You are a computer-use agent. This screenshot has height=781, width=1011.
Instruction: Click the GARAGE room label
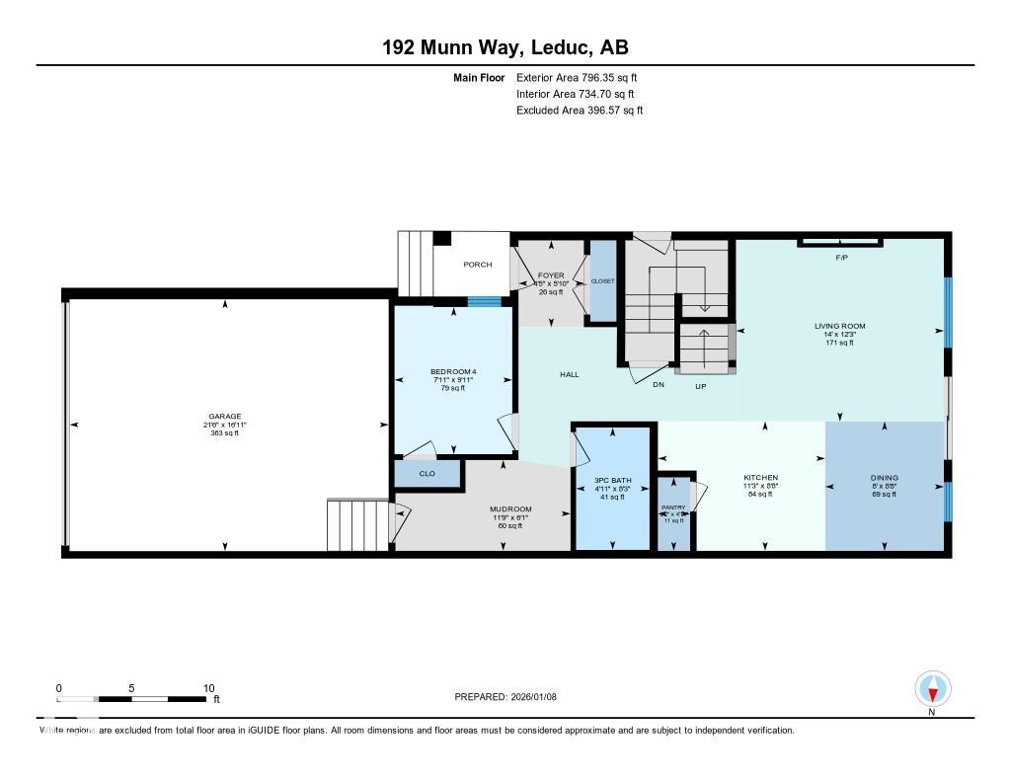225,417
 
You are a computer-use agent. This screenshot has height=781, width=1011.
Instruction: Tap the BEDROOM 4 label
453,371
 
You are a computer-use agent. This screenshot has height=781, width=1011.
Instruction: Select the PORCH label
478,265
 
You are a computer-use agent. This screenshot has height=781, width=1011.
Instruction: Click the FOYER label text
551,275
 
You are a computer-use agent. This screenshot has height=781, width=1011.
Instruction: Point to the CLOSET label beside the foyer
602,281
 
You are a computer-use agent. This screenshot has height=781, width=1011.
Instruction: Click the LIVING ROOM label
839,326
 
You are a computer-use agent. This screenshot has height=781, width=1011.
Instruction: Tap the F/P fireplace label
842,257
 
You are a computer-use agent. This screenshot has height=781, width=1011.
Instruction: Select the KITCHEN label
761,478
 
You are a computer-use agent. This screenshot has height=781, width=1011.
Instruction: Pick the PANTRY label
673,507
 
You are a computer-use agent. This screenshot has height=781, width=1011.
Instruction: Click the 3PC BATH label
612,481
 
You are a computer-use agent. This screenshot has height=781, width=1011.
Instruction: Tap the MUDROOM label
510,509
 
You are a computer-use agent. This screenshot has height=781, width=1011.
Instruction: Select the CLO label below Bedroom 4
428,474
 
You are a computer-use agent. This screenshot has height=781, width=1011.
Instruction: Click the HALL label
570,375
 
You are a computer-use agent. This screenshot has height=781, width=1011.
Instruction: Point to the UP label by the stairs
701,385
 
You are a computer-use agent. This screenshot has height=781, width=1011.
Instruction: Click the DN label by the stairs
658,385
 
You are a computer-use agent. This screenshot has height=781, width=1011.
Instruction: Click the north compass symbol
932,688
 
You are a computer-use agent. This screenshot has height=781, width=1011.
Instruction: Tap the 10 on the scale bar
208,688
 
